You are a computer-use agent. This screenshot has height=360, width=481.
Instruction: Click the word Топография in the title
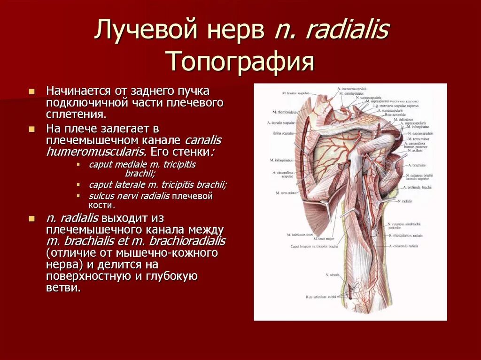241,61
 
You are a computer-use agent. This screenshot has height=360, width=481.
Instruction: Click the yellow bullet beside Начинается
31,91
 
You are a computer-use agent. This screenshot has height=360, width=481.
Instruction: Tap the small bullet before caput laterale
78,185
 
